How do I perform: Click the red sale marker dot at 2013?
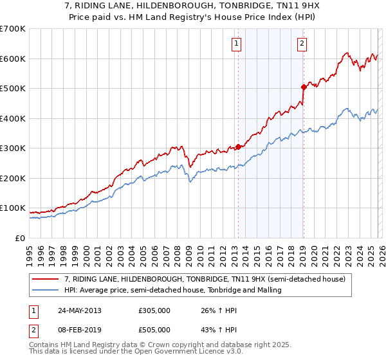pyautogui.click(x=238, y=147)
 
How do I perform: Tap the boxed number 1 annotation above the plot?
pyautogui.click(x=237, y=44)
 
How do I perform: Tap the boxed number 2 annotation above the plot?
pyautogui.click(x=302, y=44)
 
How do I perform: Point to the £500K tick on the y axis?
pyautogui.click(x=13, y=89)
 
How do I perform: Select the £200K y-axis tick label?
pyautogui.click(x=13, y=178)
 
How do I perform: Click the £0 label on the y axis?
pyautogui.click(x=21, y=238)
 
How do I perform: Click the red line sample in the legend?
pyautogui.click(x=46, y=279)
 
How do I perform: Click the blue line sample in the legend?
pyautogui.click(x=46, y=290)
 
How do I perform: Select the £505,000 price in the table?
pyautogui.click(x=154, y=330)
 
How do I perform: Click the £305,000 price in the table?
pyautogui.click(x=154, y=310)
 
